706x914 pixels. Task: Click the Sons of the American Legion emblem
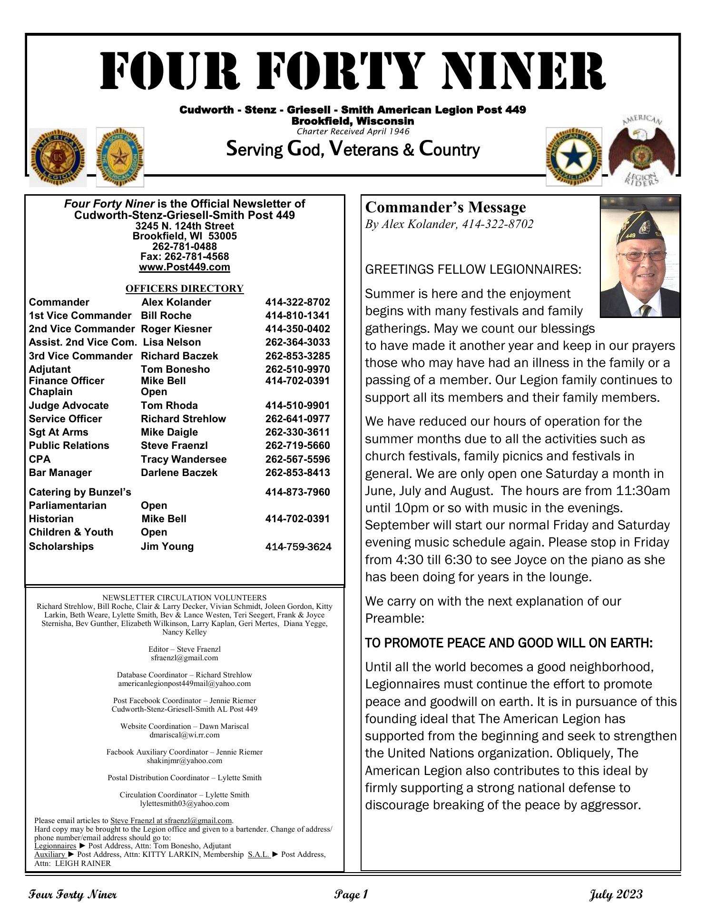pyautogui.click(x=120, y=157)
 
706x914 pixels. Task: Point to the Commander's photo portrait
pyautogui.click(x=640, y=257)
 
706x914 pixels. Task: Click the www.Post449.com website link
pyautogui.click(x=185, y=267)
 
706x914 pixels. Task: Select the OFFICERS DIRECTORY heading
pyautogui.click(x=185, y=288)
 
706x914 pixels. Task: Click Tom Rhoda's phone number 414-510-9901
pyautogui.click(x=297, y=406)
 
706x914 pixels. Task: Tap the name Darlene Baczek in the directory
pyautogui.click(x=179, y=473)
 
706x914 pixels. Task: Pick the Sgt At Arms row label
pyautogui.click(x=59, y=432)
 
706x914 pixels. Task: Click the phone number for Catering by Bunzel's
pyautogui.click(x=297, y=492)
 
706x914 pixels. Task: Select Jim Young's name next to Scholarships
pyautogui.click(x=167, y=546)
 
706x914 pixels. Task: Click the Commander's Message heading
pyautogui.click(x=445, y=208)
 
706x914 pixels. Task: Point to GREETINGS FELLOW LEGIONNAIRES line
pyautogui.click(x=473, y=270)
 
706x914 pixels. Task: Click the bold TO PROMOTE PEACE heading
pyautogui.click(x=509, y=644)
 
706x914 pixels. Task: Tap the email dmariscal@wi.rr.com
pyautogui.click(x=185, y=735)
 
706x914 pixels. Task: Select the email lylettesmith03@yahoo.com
pyautogui.click(x=185, y=803)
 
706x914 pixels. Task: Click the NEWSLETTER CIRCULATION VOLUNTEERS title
pyautogui.click(x=185, y=597)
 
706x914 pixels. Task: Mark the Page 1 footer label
pyautogui.click(x=351, y=894)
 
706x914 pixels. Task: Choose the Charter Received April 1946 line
pyautogui.click(x=353, y=131)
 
